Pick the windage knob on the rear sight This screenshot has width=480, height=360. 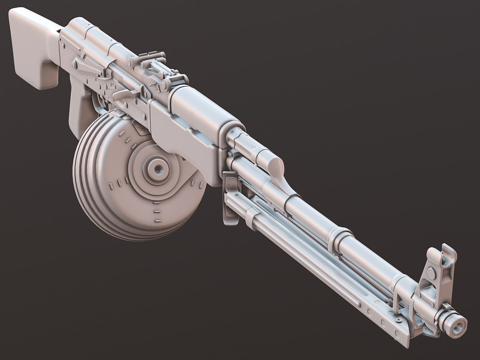tap(132, 60)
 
